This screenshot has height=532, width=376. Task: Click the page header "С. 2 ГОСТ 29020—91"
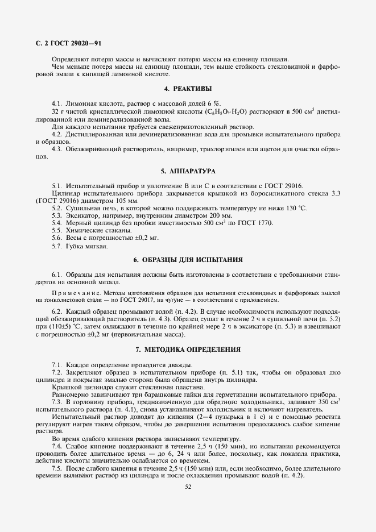68,43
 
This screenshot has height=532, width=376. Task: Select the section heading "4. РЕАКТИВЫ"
188,89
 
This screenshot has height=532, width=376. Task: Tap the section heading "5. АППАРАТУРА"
188,171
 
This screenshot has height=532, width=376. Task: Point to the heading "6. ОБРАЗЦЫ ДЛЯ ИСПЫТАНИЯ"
188,260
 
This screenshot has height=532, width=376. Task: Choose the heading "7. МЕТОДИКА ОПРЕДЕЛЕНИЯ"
188,348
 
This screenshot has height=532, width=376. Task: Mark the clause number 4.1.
57,104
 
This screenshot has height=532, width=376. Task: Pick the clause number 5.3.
57,216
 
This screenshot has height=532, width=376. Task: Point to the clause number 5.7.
57,246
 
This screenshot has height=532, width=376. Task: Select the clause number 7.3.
57,402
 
